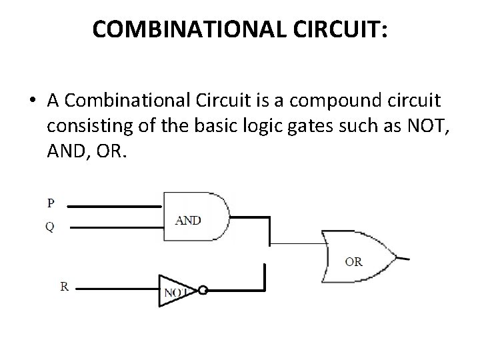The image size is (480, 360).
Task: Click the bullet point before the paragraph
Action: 33,102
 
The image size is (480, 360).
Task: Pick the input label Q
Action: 50,227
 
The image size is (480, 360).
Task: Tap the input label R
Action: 65,287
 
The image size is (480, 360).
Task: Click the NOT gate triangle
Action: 174,291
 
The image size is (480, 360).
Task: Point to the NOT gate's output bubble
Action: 203,291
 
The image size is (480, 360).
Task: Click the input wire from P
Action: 113,207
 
